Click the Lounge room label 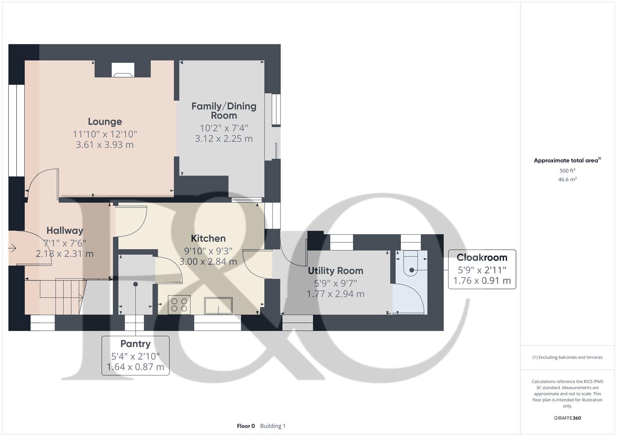(105, 122)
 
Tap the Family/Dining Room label (224, 111)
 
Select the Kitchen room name (208, 238)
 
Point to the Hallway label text (65, 231)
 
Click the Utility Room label (335, 270)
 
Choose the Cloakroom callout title (482, 258)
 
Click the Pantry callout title (135, 344)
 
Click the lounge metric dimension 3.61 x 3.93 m (105, 145)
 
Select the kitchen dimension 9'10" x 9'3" (208, 250)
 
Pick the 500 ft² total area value (567, 171)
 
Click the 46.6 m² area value (567, 180)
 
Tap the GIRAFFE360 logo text (567, 418)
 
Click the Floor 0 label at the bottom (246, 426)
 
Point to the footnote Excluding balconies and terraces (567, 357)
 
